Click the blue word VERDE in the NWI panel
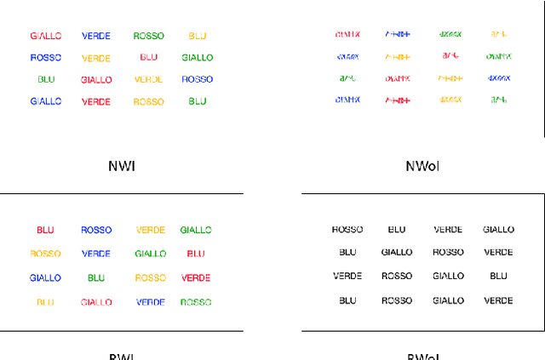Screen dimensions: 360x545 click(x=96, y=37)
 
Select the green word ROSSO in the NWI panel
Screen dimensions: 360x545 click(x=149, y=37)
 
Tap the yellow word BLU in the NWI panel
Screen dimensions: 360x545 click(x=198, y=37)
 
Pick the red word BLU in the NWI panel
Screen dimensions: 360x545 click(x=149, y=58)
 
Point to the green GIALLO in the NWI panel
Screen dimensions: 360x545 click(x=198, y=58)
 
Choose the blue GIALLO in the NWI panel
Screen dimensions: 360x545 click(x=46, y=101)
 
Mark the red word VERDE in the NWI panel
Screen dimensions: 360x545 click(x=96, y=101)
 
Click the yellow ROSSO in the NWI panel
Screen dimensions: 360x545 click(x=149, y=102)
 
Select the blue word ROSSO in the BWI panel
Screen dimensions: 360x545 click(x=96, y=230)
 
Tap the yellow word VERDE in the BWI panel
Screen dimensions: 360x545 click(x=151, y=230)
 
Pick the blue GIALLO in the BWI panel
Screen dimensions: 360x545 click(x=45, y=278)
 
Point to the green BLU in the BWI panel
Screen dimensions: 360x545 click(x=96, y=278)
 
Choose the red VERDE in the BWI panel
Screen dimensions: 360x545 click(x=196, y=278)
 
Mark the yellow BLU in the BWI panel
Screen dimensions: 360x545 click(x=45, y=302)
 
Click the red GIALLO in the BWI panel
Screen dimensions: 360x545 click(x=96, y=302)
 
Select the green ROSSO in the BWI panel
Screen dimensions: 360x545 click(x=196, y=302)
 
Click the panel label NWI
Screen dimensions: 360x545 click(x=122, y=166)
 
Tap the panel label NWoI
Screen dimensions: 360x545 click(x=422, y=166)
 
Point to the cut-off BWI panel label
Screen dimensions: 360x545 click(x=122, y=357)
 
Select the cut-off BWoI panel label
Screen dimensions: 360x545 click(x=422, y=357)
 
